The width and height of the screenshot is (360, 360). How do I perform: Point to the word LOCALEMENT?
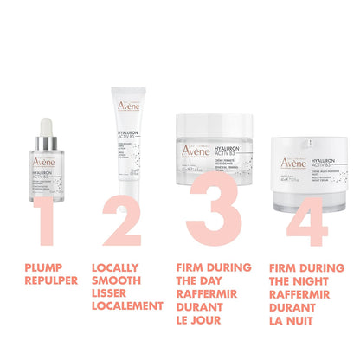127,305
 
